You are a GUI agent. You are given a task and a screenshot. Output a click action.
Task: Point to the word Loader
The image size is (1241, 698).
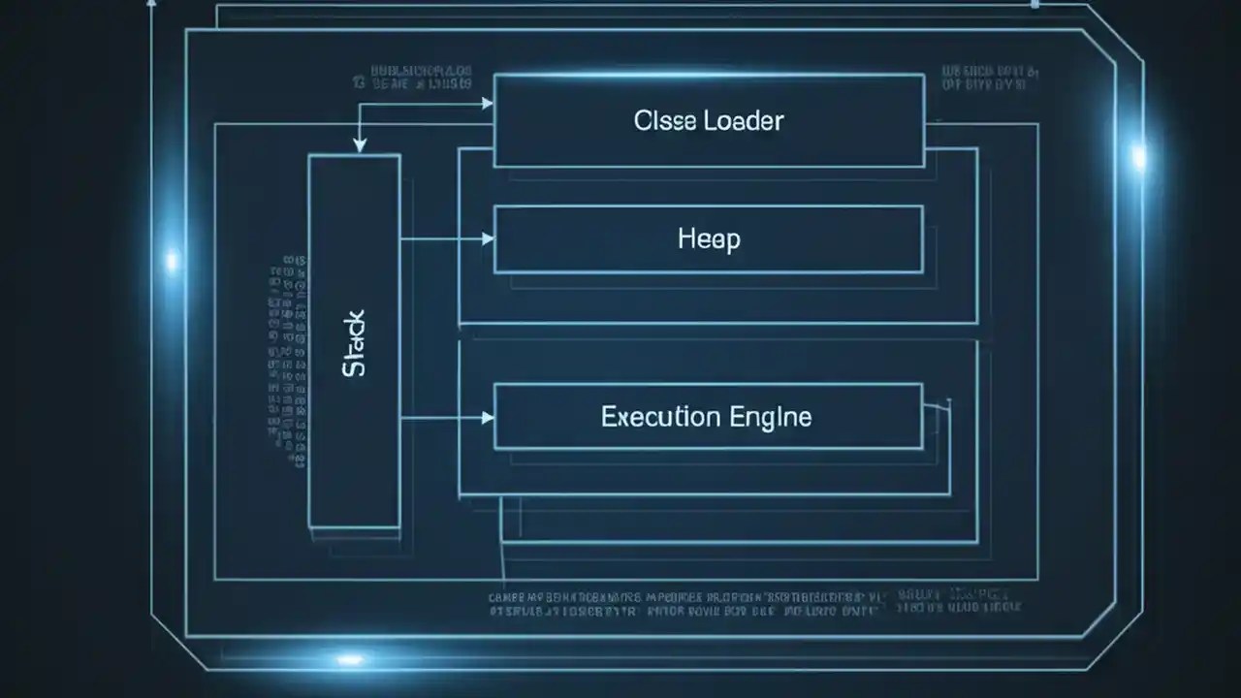point(744,121)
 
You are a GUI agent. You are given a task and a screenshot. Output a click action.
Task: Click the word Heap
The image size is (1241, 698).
point(709,238)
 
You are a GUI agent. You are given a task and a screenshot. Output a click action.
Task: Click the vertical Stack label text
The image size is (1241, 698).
point(355,343)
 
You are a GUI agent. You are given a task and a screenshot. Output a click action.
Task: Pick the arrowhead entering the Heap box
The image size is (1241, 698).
point(488,238)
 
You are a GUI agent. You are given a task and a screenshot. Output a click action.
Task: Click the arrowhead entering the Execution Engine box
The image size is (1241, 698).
point(488,418)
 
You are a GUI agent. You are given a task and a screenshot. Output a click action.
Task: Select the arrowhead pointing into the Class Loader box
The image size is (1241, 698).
point(488,102)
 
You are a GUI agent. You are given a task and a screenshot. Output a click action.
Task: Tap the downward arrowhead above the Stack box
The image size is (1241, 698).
point(360,145)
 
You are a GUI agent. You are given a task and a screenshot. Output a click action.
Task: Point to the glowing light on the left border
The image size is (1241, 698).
point(173,260)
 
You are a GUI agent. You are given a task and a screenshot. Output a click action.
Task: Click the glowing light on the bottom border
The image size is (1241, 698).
point(349,659)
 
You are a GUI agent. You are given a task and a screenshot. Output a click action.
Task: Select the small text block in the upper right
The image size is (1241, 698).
point(990,79)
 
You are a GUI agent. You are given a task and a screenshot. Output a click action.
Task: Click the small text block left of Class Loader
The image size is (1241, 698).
point(422,79)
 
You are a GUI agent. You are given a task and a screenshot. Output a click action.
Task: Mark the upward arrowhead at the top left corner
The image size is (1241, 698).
point(151,4)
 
